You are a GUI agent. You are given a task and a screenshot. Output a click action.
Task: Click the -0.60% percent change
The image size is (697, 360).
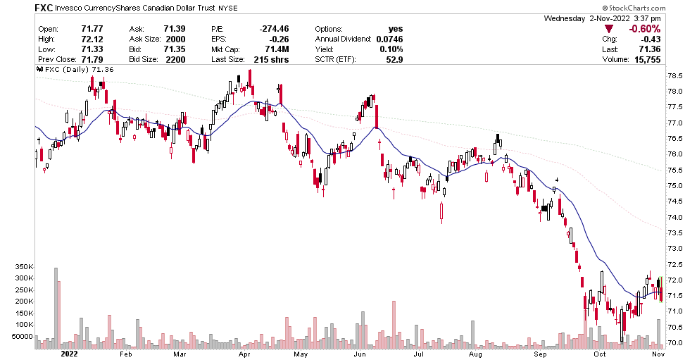643,29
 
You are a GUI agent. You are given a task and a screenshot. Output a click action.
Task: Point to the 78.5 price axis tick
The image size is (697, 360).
675,75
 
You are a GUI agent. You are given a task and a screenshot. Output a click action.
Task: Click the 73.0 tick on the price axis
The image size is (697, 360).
675,248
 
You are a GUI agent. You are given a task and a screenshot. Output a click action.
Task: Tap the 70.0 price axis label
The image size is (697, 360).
675,342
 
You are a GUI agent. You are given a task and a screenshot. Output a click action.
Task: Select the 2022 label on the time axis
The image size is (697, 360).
70,354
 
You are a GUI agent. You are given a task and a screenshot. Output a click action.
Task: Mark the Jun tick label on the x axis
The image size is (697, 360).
358,354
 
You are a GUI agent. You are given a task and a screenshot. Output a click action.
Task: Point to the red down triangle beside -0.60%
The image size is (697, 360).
609,29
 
